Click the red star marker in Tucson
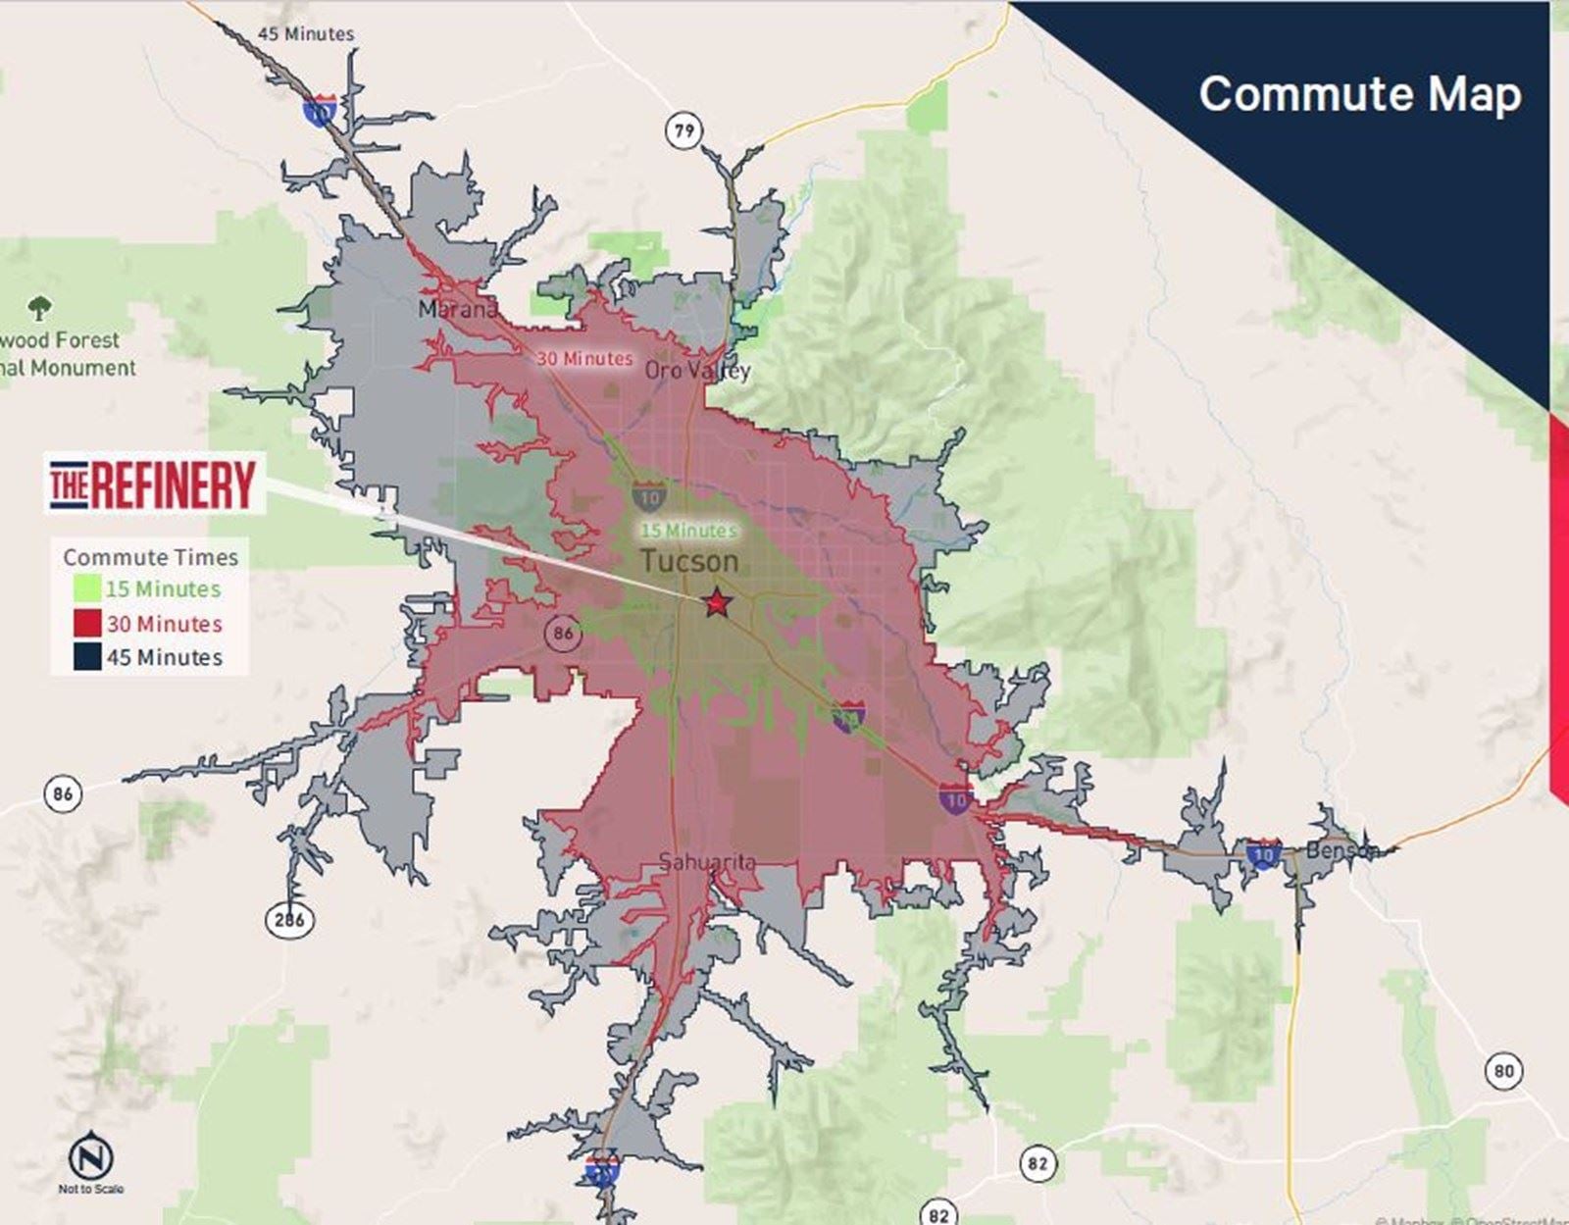(x=718, y=602)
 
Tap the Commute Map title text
(x=1359, y=94)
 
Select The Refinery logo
(x=154, y=485)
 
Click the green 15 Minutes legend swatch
(x=87, y=589)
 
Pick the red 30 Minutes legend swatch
(x=87, y=624)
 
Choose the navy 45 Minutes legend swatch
(x=87, y=657)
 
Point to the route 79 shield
(x=683, y=129)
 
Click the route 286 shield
(x=289, y=920)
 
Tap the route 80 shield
(x=1503, y=1071)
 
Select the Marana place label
(x=457, y=310)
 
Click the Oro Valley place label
(x=697, y=371)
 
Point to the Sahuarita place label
(x=707, y=862)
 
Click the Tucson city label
(x=689, y=562)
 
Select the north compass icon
(x=90, y=1157)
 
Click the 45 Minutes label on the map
(x=306, y=33)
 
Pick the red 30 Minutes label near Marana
(x=584, y=359)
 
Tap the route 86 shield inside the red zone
(x=563, y=633)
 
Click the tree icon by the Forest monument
(x=39, y=309)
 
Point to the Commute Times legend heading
(x=150, y=557)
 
